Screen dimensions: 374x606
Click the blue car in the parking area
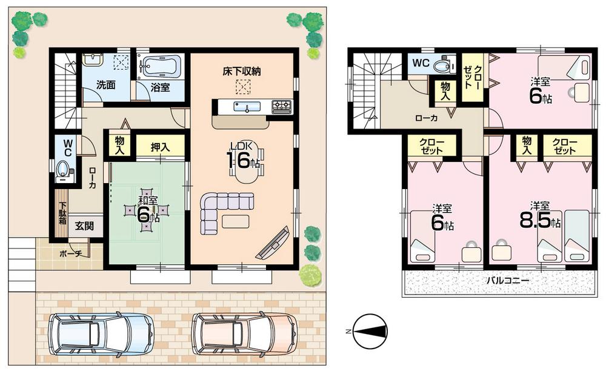coord(101,333)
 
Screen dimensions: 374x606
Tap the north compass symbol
coord(369,331)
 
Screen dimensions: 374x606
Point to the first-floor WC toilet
coord(63,169)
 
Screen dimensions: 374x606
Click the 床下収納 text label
coord(241,72)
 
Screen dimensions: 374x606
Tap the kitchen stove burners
coord(282,107)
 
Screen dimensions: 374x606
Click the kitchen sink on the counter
coord(247,107)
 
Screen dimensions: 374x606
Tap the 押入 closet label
coord(159,146)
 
